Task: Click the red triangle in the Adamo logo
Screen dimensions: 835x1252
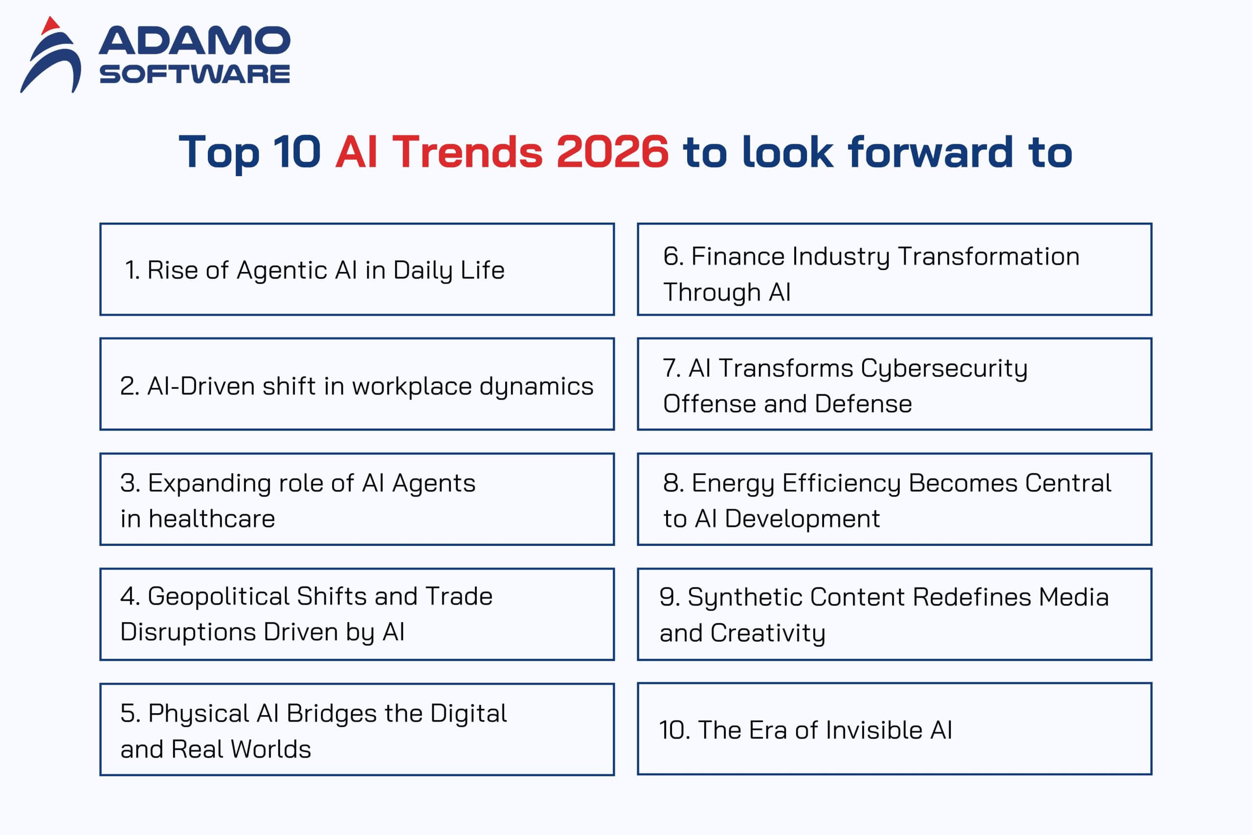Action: click(50, 25)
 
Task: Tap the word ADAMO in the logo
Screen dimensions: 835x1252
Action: click(194, 41)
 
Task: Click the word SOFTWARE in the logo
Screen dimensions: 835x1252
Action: click(194, 74)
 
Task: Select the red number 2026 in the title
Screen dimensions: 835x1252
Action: click(612, 152)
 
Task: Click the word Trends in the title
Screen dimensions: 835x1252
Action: click(467, 152)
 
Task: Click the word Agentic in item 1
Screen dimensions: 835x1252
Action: click(282, 271)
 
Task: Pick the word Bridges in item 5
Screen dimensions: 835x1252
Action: click(331, 714)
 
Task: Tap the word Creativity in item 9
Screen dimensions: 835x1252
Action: click(768, 633)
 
